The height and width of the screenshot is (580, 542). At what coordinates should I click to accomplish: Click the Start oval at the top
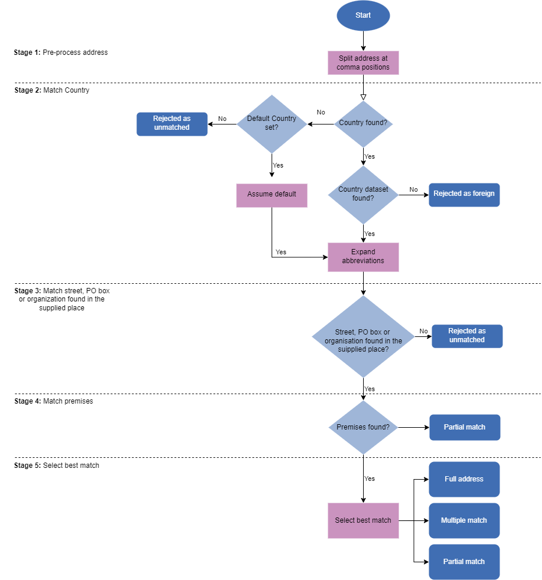pos(363,15)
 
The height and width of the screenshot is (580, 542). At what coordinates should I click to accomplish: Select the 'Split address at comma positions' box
pos(363,63)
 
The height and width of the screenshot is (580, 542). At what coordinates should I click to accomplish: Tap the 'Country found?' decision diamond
pos(363,124)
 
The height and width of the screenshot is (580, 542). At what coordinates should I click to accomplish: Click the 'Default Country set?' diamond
pos(272,123)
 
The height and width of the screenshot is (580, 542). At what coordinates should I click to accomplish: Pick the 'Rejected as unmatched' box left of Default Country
pos(172,124)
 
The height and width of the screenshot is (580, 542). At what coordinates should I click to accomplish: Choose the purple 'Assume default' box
pos(272,195)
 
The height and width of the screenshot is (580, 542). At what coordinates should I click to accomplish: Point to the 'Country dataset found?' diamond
pos(363,194)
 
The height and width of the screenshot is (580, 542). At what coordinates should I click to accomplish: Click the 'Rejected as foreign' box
pos(464,194)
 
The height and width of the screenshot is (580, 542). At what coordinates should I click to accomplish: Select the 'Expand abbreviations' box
pos(363,257)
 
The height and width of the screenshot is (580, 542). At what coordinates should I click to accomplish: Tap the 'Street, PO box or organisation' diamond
pos(363,337)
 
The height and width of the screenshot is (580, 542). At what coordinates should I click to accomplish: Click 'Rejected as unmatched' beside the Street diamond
pos(467,336)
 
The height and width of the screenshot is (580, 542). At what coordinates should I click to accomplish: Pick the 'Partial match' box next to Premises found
pos(465,427)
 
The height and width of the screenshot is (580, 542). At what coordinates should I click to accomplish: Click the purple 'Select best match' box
pos(363,520)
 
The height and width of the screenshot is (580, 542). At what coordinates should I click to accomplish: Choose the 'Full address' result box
pos(464,479)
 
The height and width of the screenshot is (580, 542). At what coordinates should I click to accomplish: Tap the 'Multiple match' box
pos(464,520)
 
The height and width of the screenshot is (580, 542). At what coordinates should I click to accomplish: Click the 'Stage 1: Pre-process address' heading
pos(61,53)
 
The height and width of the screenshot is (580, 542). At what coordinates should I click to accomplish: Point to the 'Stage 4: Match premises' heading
pos(54,401)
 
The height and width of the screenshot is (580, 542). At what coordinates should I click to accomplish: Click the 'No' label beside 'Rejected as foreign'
pos(413,189)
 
